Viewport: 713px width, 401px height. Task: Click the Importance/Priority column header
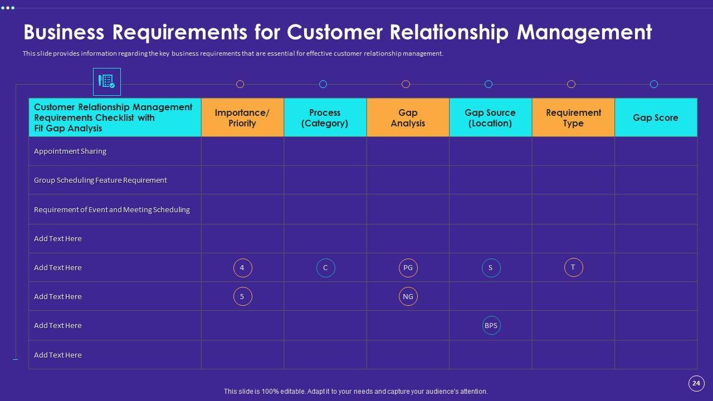[242, 118]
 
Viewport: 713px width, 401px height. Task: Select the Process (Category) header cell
[325, 118]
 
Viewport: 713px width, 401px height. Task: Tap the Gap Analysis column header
[408, 118]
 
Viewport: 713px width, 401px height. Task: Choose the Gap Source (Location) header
[490, 118]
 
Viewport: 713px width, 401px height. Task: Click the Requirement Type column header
[573, 118]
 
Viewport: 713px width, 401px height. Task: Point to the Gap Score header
[656, 118]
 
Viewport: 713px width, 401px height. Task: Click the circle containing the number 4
[242, 268]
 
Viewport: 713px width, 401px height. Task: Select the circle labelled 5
[242, 297]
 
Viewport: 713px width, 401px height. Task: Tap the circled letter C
[325, 268]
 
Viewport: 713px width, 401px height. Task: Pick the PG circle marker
[408, 268]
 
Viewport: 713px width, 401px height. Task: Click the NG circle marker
[408, 297]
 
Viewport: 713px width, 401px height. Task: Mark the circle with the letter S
[491, 268]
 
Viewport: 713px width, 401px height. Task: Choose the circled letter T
[573, 267]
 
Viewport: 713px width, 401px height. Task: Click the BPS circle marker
[491, 326]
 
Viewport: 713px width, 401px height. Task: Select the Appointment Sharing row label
[70, 151]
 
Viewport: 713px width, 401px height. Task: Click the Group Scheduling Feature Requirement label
[100, 180]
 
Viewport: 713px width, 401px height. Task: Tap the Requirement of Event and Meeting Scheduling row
[112, 209]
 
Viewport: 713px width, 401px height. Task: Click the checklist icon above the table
[106, 82]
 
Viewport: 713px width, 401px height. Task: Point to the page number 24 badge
[696, 383]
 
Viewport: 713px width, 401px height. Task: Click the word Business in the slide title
[64, 32]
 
